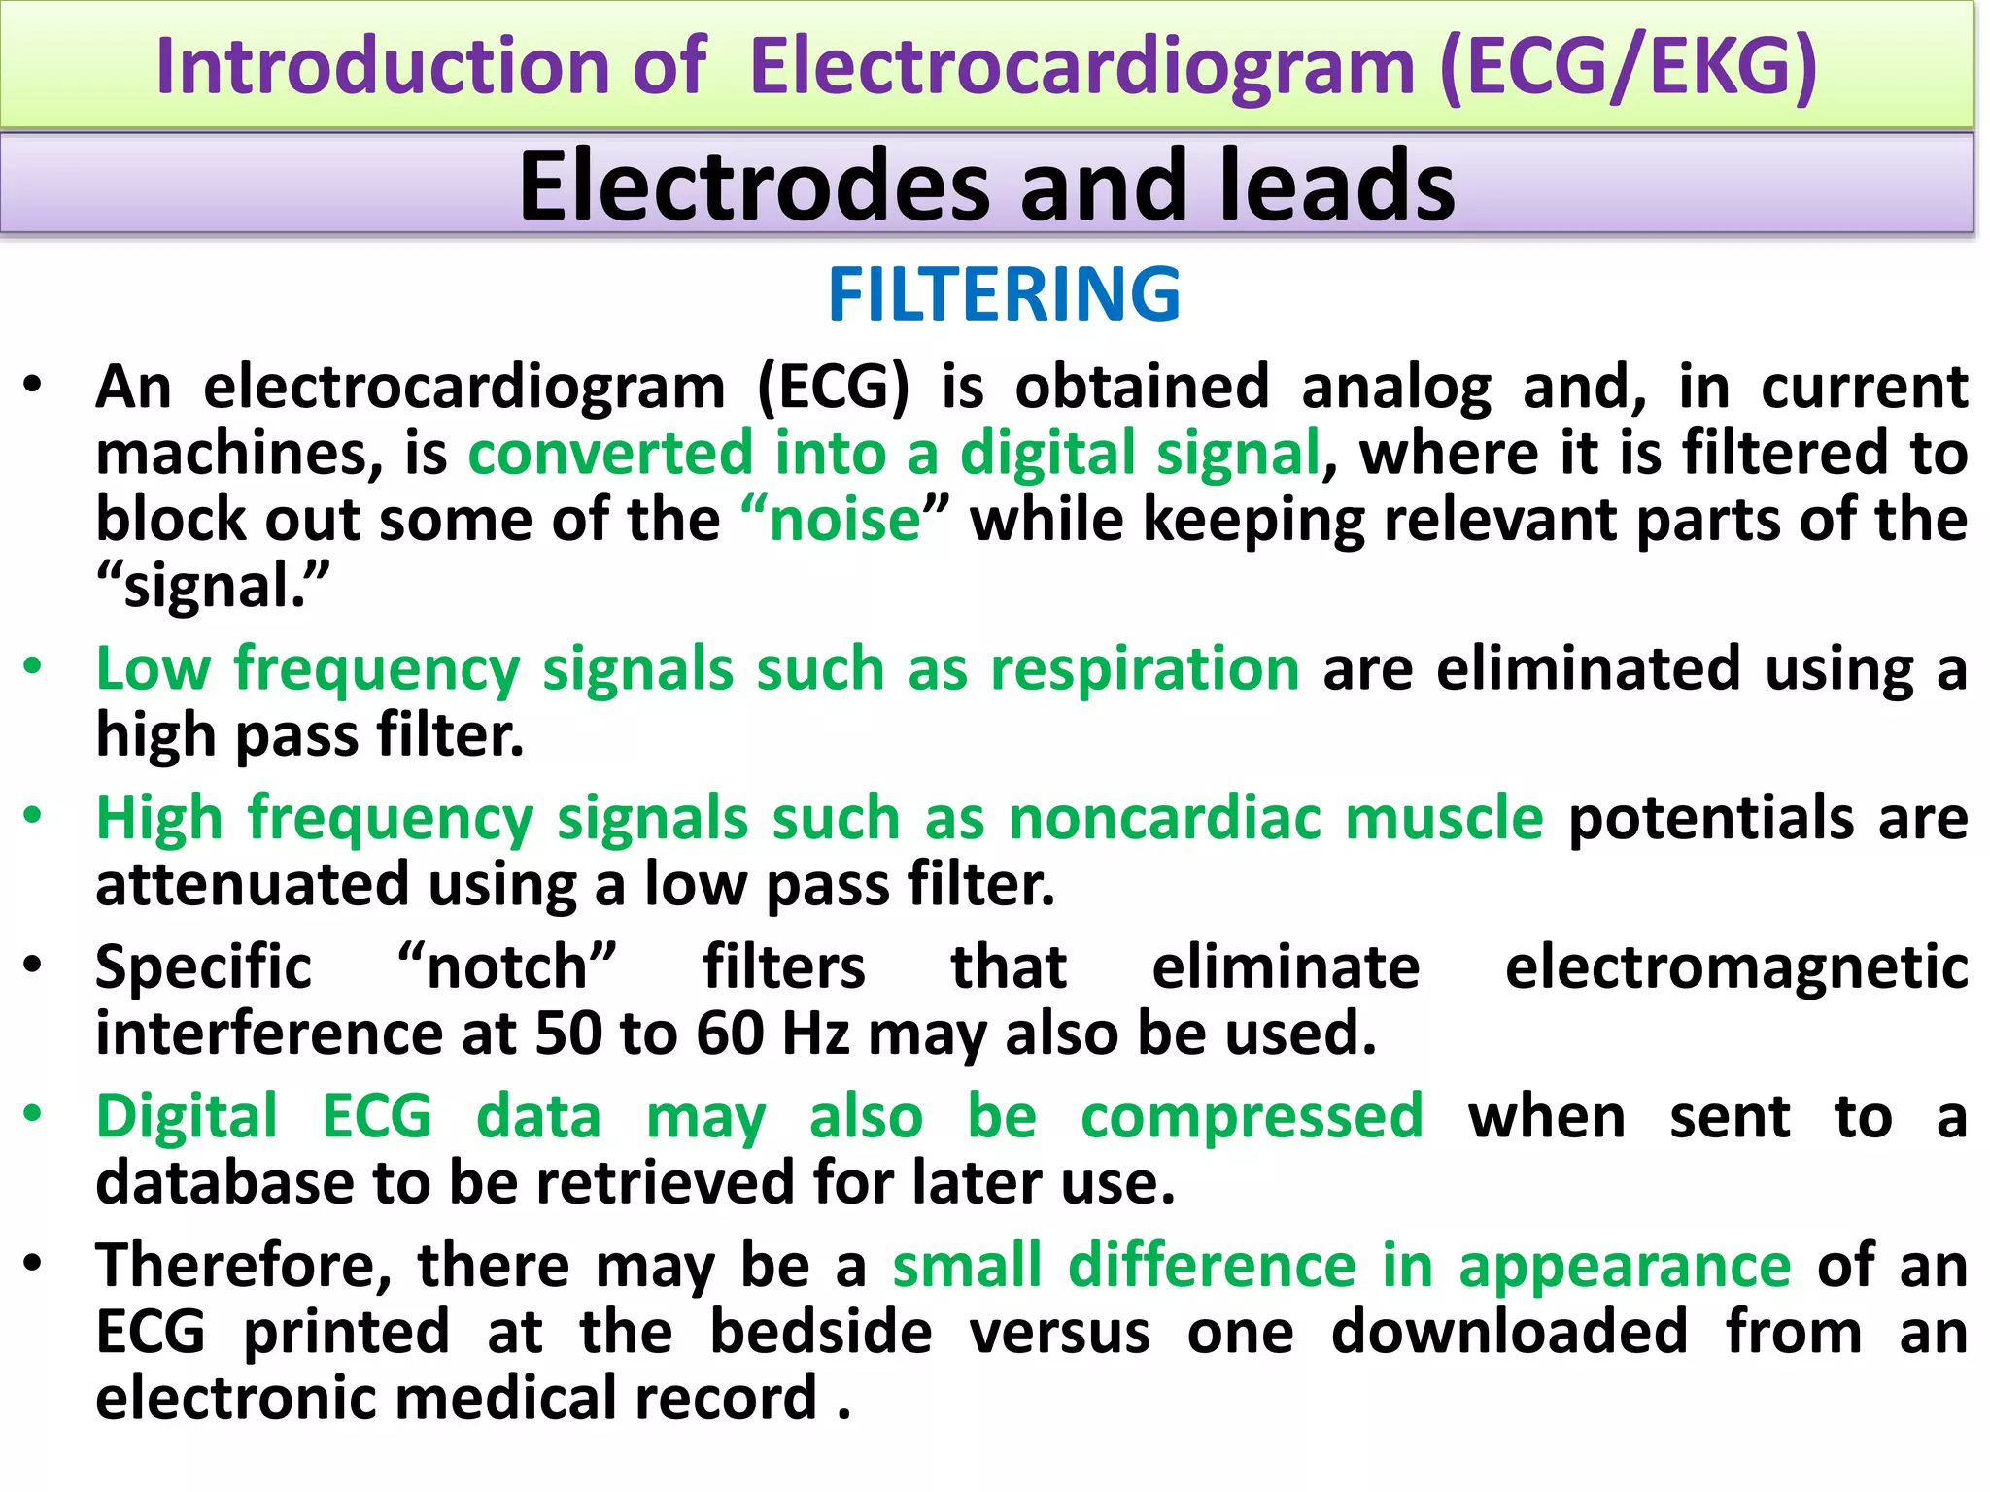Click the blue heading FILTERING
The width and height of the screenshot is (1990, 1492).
[1004, 294]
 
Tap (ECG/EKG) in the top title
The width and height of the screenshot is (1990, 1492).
[1628, 66]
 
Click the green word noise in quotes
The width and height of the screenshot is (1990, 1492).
[844, 520]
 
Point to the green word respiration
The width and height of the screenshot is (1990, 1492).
[1145, 669]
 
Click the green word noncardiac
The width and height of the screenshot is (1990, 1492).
[1164, 818]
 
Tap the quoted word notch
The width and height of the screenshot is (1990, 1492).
[507, 967]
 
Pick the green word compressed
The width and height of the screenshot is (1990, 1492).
[1252, 1116]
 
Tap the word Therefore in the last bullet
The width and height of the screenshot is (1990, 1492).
[243, 1266]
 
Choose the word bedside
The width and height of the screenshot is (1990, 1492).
[821, 1332]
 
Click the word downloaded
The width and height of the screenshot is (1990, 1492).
[1509, 1332]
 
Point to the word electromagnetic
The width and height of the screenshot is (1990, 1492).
[1736, 967]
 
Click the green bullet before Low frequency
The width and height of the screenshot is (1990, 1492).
[34, 667]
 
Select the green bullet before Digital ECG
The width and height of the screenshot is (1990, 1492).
[34, 1114]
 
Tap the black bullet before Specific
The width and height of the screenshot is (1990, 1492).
[34, 966]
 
